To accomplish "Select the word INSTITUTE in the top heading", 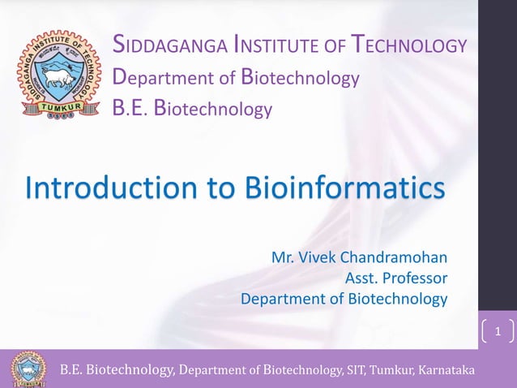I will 272,46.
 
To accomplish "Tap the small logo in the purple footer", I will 28,369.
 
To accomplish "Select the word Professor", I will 415,278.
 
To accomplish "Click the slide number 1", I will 498,331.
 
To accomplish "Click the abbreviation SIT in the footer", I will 355,371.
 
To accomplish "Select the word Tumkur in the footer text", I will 391,371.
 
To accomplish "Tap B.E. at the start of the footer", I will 70,371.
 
